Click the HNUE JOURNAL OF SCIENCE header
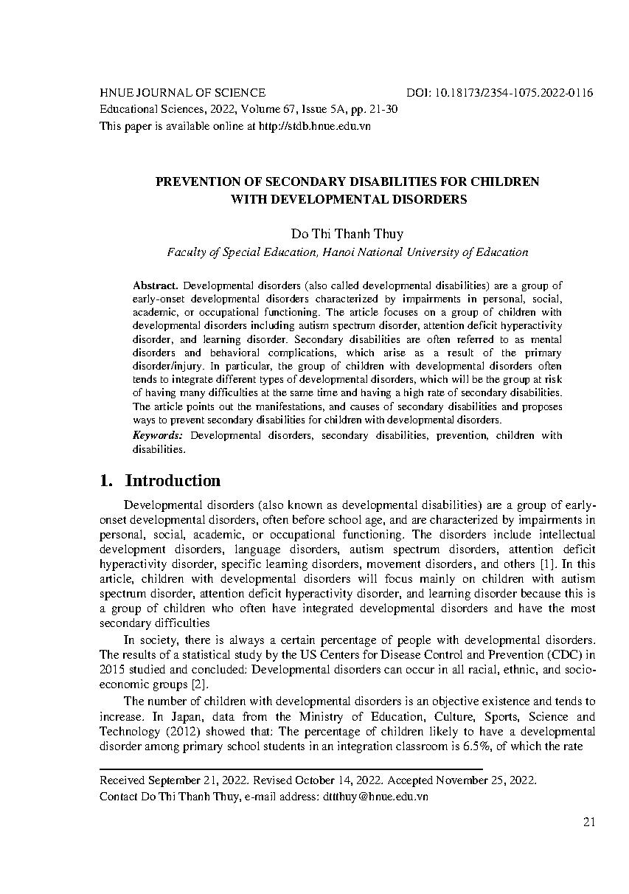182,93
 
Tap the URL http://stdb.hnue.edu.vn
315,125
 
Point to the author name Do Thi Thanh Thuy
347,234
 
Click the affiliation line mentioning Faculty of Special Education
347,252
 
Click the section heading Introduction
173,481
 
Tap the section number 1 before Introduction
105,481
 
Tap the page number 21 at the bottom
589,822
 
